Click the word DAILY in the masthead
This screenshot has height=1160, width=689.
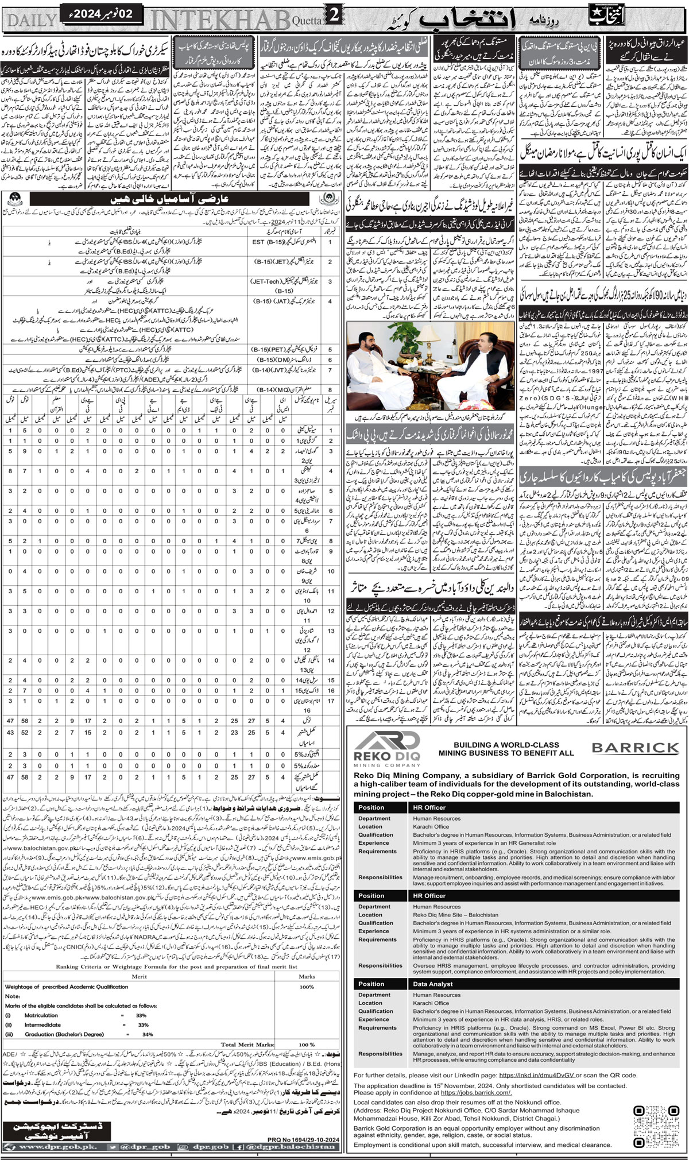coord(32,19)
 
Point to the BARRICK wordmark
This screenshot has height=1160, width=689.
coord(635,748)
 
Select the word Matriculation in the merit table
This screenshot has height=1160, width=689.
coord(41,1015)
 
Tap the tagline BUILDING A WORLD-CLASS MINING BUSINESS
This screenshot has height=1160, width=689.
coord(506,748)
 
